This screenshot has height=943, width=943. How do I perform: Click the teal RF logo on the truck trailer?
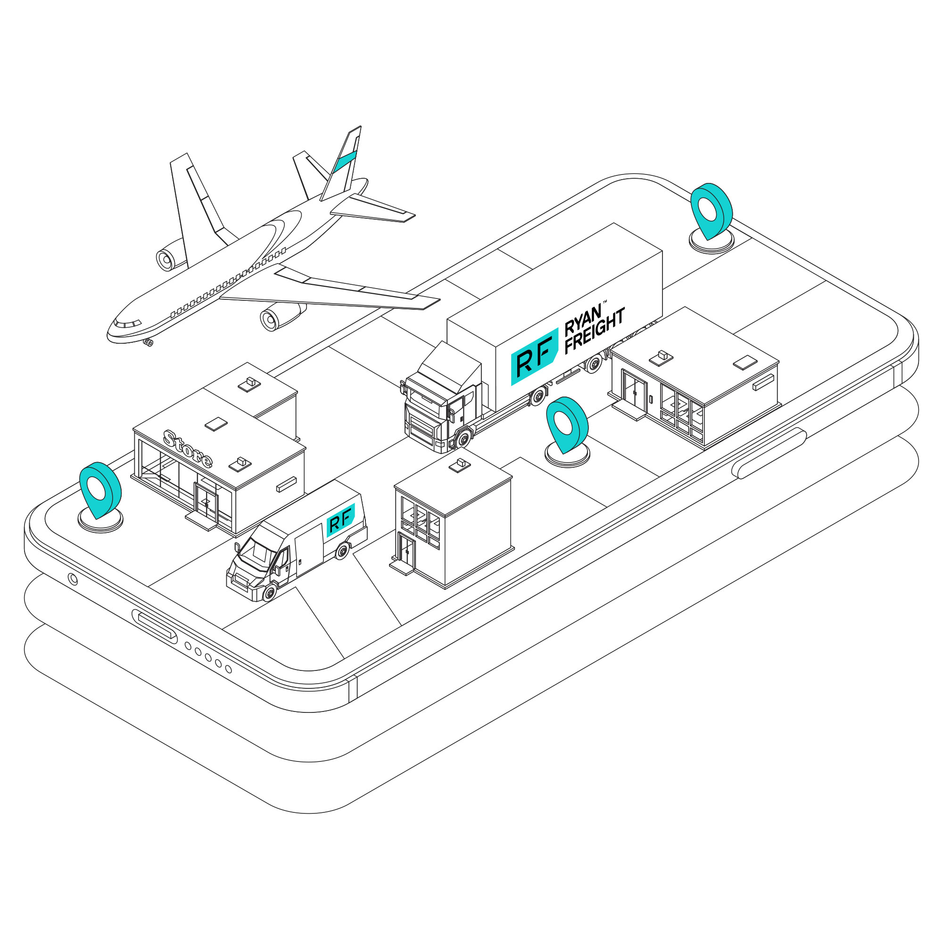tap(534, 357)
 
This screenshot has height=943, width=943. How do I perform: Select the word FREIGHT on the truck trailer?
tap(595, 331)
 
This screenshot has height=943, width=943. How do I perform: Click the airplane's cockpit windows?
tap(127, 323)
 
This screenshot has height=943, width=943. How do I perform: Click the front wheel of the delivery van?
tap(269, 592)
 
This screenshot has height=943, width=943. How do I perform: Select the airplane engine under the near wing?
tap(280, 317)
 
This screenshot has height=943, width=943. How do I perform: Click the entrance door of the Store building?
tap(206, 502)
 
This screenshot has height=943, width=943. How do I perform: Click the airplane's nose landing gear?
tap(149, 343)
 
